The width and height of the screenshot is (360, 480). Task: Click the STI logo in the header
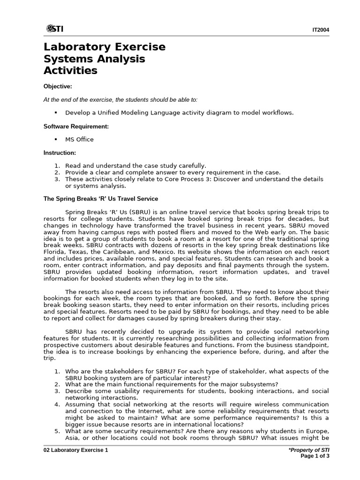tap(55, 29)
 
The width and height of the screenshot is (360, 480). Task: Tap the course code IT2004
tap(321, 30)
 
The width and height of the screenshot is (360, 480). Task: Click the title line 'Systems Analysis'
tap(94, 59)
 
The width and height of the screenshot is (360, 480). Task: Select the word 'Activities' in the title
tap(70, 71)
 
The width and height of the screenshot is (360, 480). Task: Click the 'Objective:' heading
tap(58, 87)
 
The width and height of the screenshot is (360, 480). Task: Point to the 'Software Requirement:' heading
tap(76, 127)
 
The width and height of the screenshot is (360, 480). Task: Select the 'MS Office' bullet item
tap(79, 139)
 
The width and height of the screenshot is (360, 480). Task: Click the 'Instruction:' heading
tap(60, 153)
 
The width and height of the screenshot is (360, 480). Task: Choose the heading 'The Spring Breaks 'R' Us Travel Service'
tap(101, 199)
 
